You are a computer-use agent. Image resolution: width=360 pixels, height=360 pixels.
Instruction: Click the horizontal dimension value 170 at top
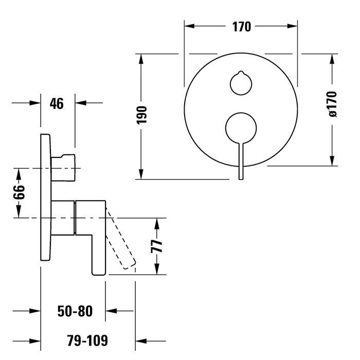241,27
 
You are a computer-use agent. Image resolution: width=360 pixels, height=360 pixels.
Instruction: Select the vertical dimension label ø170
332,104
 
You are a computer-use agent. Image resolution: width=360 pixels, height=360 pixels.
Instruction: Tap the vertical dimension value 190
142,116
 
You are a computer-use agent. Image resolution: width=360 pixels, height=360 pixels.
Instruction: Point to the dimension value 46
57,103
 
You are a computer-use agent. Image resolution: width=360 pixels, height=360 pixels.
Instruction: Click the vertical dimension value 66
19,193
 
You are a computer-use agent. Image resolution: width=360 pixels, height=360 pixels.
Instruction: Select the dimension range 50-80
75,311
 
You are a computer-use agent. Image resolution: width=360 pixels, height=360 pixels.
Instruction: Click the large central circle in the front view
241,127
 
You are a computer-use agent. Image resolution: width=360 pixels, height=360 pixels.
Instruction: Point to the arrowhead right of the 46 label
82,103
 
